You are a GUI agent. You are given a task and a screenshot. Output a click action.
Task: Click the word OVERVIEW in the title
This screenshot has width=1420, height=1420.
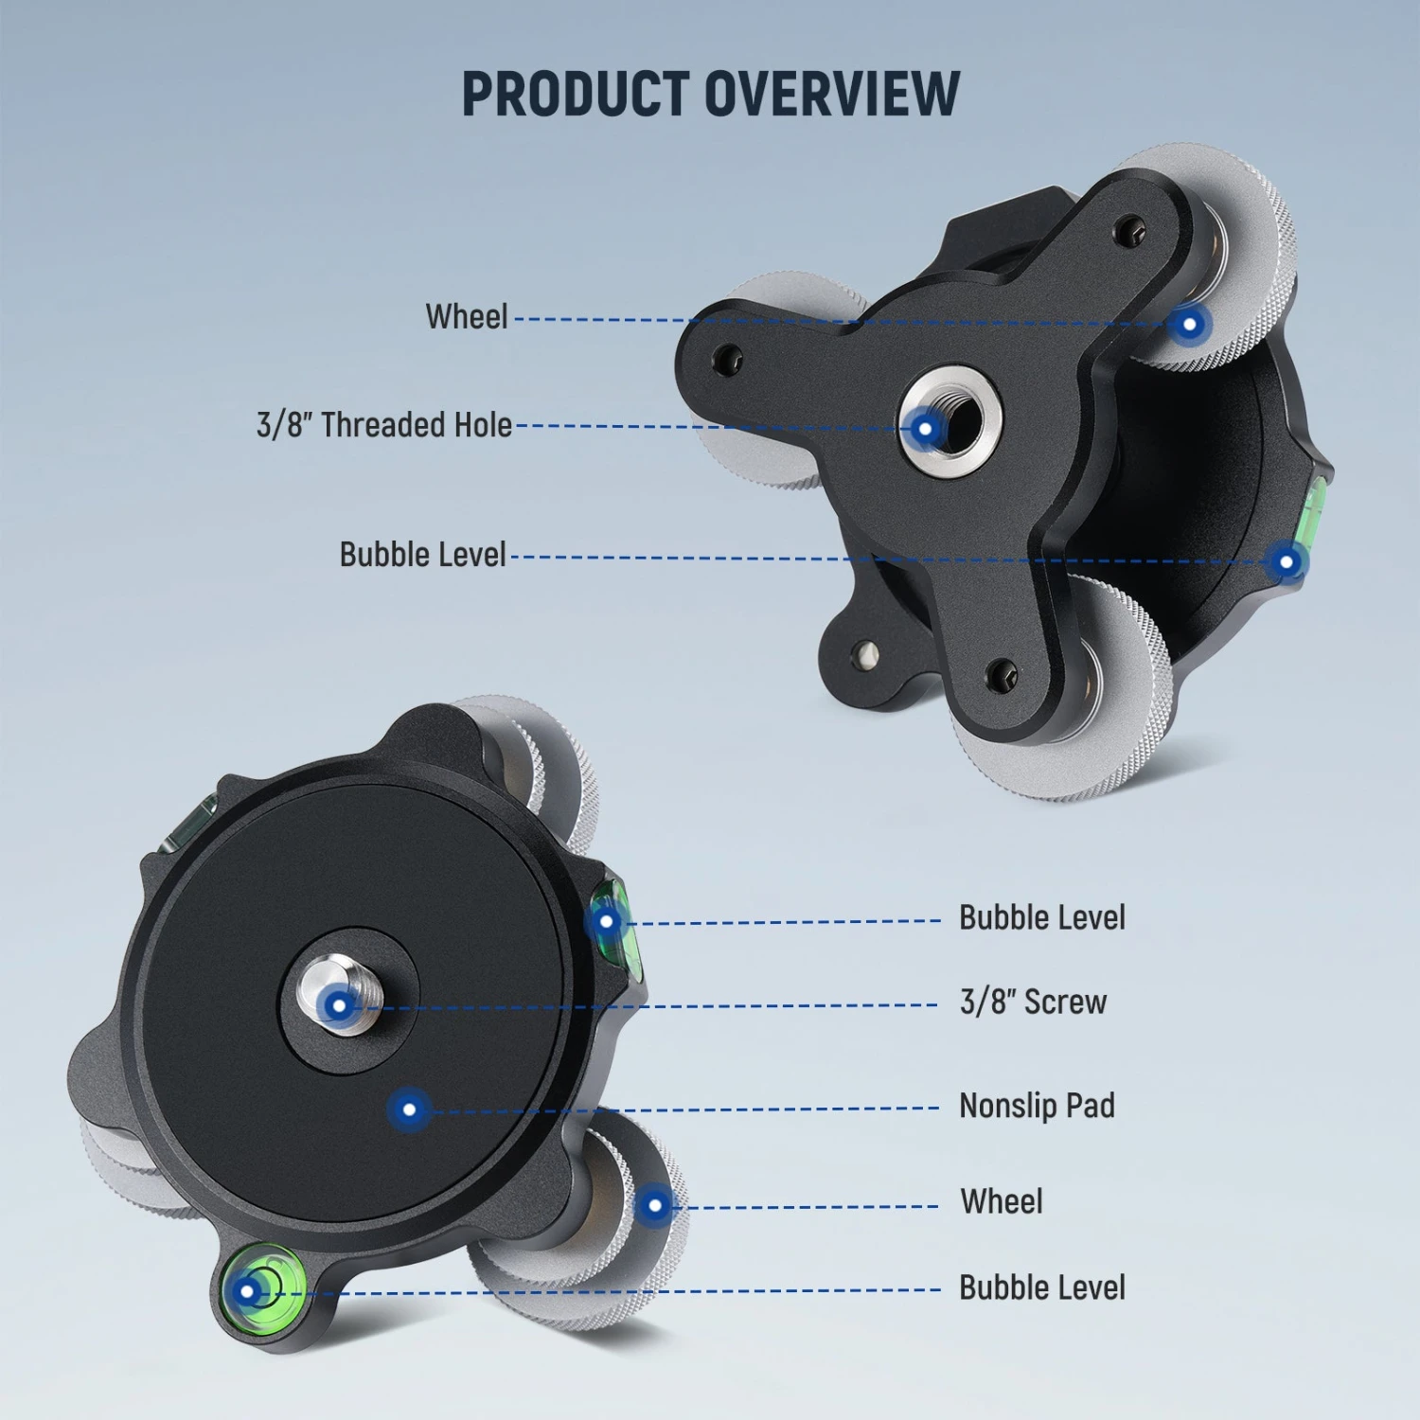pyautogui.click(x=832, y=94)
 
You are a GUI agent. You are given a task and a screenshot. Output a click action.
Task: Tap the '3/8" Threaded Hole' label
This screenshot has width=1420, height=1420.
pyautogui.click(x=383, y=425)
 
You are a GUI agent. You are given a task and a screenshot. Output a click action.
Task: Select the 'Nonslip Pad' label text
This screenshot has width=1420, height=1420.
pyautogui.click(x=1037, y=1106)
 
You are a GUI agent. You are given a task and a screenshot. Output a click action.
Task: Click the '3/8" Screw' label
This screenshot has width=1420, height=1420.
pyautogui.click(x=1033, y=1002)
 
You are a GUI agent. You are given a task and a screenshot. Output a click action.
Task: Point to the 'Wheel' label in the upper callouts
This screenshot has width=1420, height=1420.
pyautogui.click(x=466, y=316)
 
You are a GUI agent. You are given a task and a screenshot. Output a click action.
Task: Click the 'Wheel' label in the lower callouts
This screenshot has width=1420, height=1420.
pyautogui.click(x=1001, y=1201)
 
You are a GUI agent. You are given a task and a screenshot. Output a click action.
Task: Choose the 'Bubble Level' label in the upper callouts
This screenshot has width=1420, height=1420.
pyautogui.click(x=422, y=555)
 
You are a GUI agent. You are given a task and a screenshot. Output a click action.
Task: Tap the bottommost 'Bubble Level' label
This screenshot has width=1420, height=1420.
pyautogui.click(x=1041, y=1287)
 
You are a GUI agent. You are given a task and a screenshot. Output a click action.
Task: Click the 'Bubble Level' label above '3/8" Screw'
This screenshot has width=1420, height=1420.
pyautogui.click(x=1041, y=917)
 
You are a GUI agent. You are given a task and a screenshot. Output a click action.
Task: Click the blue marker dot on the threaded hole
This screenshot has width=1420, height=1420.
pyautogui.click(x=925, y=430)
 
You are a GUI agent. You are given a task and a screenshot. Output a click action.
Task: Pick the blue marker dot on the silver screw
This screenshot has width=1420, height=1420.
pyautogui.click(x=339, y=1004)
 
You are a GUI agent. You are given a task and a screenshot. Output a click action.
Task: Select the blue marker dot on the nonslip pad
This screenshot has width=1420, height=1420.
pyautogui.click(x=409, y=1109)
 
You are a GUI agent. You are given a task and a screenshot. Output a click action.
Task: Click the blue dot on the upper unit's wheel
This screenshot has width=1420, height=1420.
pyautogui.click(x=1189, y=325)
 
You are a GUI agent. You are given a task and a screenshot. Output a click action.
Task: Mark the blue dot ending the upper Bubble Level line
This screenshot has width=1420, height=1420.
pyautogui.click(x=1286, y=562)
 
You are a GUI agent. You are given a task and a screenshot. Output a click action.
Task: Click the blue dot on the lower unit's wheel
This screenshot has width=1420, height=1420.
pyautogui.click(x=654, y=1205)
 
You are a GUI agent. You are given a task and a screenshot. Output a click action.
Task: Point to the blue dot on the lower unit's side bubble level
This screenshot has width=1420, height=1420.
pyautogui.click(x=607, y=920)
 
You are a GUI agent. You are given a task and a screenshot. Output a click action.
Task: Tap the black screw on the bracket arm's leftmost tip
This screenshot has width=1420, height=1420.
pyautogui.click(x=726, y=359)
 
